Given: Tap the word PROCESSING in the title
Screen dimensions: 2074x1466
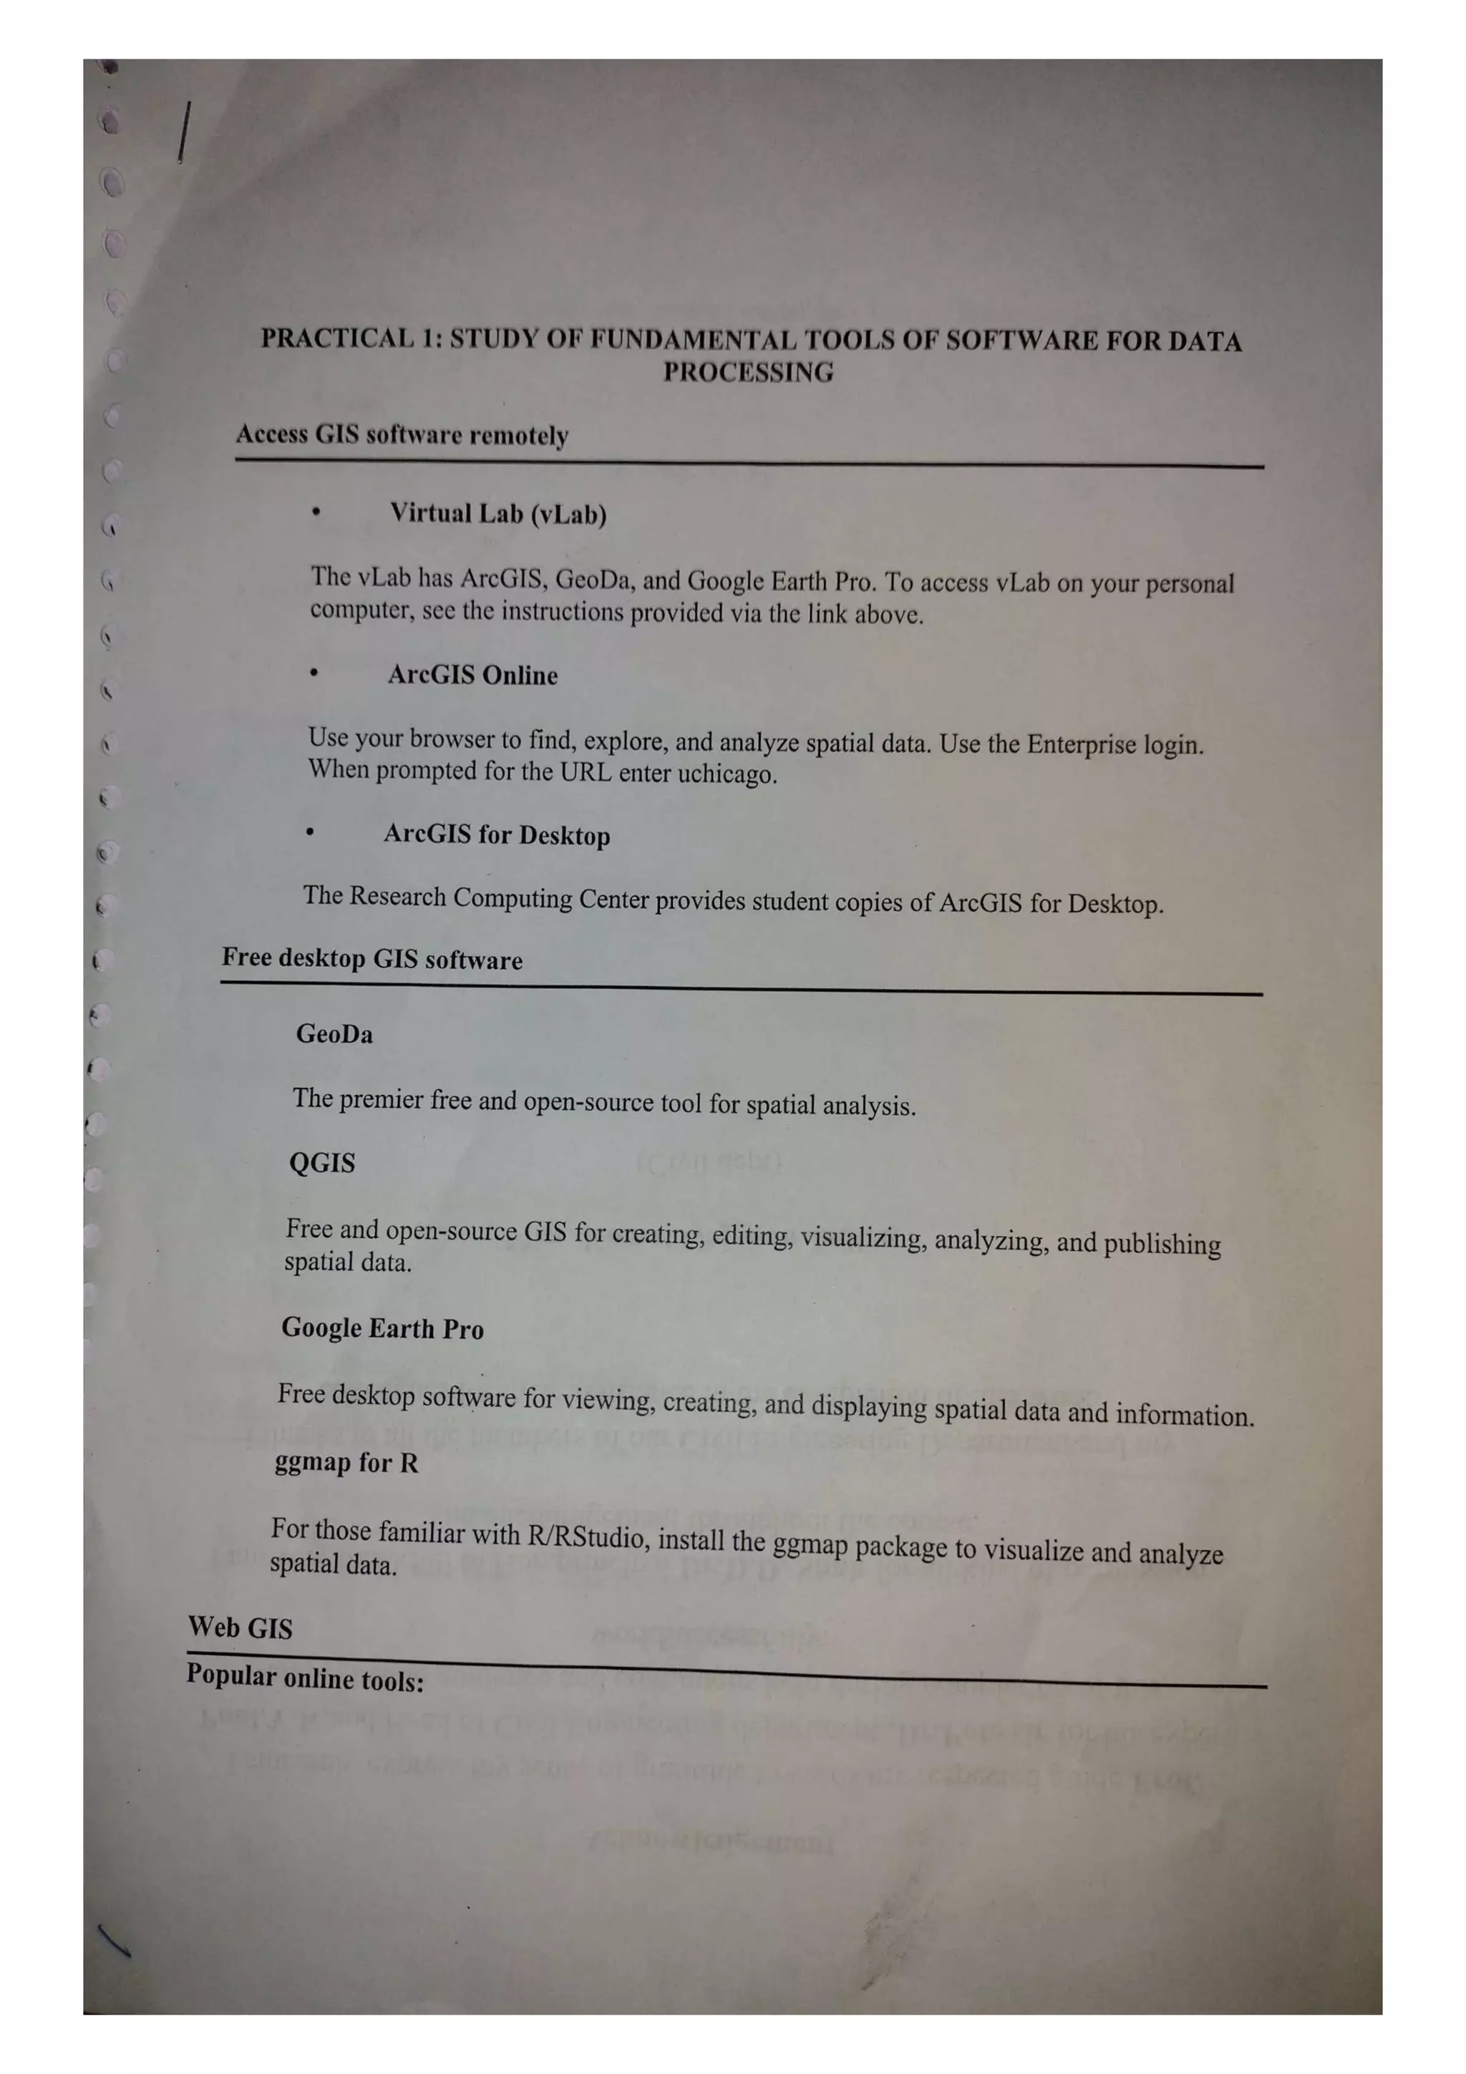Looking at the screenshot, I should (x=748, y=372).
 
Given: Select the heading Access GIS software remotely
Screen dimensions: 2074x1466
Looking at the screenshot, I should (x=402, y=435).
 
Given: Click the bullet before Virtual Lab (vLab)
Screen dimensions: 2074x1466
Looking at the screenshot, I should (x=315, y=512).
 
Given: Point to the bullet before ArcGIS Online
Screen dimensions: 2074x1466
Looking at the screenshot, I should (x=314, y=673).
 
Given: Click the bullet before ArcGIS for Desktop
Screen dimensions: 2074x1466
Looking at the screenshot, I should (x=310, y=832).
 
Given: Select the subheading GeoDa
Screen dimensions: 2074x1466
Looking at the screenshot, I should (x=334, y=1033).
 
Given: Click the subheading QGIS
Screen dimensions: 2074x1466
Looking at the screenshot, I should (x=321, y=1162).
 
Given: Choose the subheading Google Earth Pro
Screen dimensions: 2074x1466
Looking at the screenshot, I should (x=382, y=1328).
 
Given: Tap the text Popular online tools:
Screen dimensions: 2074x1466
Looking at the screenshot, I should (x=304, y=1678).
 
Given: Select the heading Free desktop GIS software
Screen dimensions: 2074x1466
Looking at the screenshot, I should (x=372, y=958).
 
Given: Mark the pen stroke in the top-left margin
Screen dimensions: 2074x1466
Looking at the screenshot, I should (x=184, y=132).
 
